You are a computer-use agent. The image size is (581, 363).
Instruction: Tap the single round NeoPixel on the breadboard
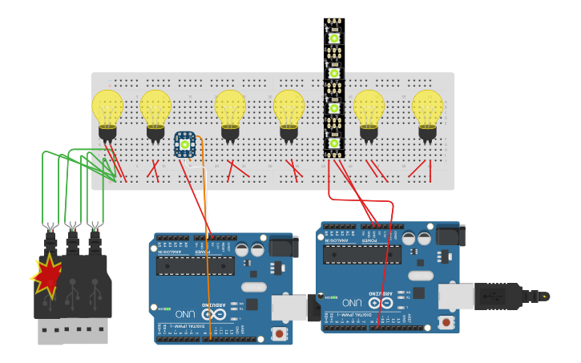[x=185, y=144]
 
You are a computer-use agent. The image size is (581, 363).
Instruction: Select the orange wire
[x=207, y=240]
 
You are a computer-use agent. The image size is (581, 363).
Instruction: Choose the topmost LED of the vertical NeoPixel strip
[x=333, y=37]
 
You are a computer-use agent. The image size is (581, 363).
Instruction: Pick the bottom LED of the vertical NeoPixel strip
[x=333, y=144]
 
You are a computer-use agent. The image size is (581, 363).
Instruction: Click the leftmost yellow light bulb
[x=107, y=108]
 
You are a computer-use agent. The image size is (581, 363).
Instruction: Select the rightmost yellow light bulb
[x=427, y=108]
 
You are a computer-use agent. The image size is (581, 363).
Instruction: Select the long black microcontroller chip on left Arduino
[x=195, y=265]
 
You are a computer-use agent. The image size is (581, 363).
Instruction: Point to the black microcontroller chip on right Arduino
[x=362, y=254]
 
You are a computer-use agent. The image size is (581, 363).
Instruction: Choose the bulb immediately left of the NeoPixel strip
[x=288, y=108]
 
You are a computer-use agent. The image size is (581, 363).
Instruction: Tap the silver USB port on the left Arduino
[x=288, y=308]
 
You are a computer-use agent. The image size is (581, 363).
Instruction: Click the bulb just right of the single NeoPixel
[x=230, y=108]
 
